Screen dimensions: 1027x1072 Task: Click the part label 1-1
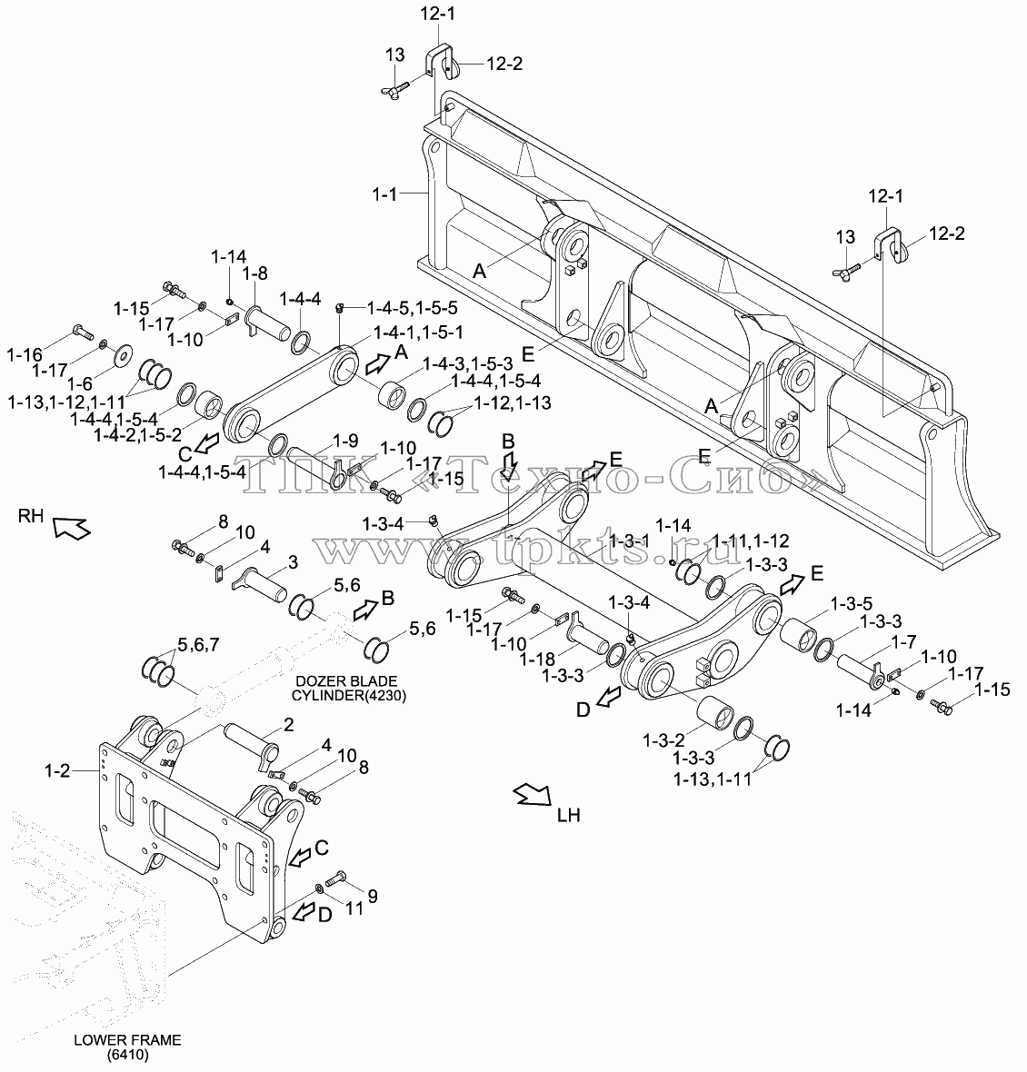coord(384,194)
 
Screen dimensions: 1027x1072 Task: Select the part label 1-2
coord(57,770)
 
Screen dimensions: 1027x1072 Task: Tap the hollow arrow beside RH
coord(71,527)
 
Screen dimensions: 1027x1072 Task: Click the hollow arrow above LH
coord(533,794)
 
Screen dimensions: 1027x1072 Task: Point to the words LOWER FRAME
coord(128,1040)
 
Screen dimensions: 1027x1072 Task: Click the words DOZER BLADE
coord(346,681)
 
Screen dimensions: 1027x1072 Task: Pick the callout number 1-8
coord(254,273)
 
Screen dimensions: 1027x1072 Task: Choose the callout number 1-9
coord(345,441)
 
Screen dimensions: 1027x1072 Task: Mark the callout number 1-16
coord(25,354)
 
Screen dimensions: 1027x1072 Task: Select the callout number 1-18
coord(537,659)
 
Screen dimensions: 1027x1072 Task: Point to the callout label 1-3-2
coord(663,739)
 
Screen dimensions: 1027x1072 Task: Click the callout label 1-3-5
coord(852,604)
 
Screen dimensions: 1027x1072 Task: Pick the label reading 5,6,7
coord(198,644)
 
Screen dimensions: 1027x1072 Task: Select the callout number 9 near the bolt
coord(373,896)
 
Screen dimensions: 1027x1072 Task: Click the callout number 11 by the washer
coord(354,908)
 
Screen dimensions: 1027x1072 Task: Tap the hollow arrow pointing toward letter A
coord(376,363)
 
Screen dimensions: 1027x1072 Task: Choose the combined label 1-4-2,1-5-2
coord(137,434)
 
